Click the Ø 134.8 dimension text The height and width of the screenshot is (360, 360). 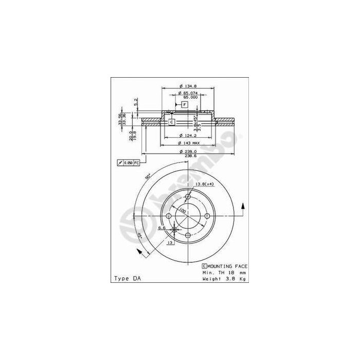(x=188, y=85)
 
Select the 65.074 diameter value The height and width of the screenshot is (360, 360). (x=188, y=93)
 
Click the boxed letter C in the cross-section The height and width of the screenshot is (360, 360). (x=172, y=122)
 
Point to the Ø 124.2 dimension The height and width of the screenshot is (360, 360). (x=188, y=136)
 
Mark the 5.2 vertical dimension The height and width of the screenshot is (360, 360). (x=136, y=102)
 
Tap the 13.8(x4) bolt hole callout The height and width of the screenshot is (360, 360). (x=204, y=184)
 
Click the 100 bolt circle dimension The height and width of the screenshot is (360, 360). (x=183, y=211)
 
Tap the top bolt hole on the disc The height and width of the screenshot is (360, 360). (x=188, y=196)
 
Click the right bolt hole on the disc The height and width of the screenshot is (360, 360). (x=207, y=216)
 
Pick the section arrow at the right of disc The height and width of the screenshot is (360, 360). (x=242, y=208)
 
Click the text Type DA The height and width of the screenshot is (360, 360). (x=127, y=278)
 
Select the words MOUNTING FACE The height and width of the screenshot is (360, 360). (x=227, y=266)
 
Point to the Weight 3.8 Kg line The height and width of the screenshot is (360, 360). (x=224, y=278)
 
